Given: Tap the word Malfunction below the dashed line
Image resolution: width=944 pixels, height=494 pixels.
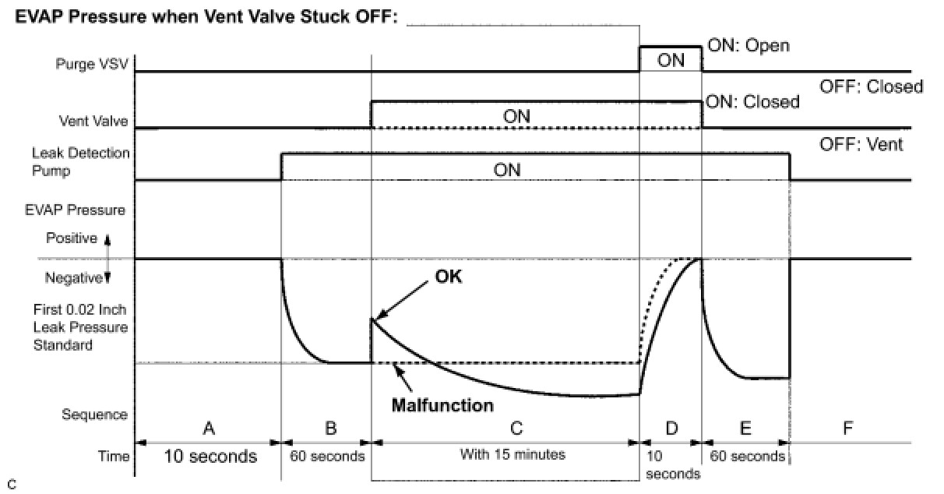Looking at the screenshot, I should coord(442,405).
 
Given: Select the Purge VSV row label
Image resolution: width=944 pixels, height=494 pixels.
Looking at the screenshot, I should coord(92,65).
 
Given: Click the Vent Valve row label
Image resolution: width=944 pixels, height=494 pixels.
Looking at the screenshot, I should coord(94,122).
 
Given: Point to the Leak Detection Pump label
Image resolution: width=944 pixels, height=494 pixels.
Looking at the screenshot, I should coord(80,161).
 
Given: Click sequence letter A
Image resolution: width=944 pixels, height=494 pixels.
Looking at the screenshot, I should coord(208,427).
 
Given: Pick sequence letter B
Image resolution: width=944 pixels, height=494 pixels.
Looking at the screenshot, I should coord(330,427).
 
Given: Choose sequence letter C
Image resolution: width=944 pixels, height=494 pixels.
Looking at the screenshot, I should coord(516,427).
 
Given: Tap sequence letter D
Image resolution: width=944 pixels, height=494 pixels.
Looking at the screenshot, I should coord(671,427).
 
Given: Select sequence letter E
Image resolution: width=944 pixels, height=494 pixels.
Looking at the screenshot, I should coord(745,427).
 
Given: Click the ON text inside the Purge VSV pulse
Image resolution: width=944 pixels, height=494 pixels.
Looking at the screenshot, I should coord(671,60).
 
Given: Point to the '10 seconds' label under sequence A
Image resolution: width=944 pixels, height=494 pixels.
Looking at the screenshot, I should coord(210,457).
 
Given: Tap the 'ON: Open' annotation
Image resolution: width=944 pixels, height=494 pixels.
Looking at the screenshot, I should coord(748,45).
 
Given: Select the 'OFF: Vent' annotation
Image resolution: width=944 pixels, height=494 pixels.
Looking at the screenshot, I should coord(861,144).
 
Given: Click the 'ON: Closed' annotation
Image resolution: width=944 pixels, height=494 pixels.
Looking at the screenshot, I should coord(752,102).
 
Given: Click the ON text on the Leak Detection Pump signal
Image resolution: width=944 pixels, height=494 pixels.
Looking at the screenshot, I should coord(507,170).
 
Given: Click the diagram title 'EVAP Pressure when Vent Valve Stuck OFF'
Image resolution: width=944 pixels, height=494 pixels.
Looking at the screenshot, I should coord(206,18).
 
